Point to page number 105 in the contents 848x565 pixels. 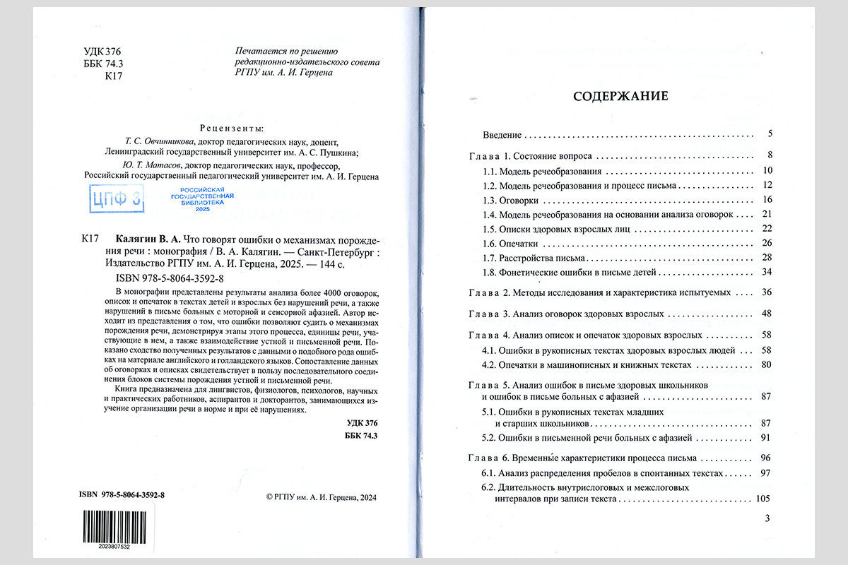762,499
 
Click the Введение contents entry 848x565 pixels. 502,134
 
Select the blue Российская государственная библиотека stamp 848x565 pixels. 202,200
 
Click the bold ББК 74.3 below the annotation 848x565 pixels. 363,435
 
